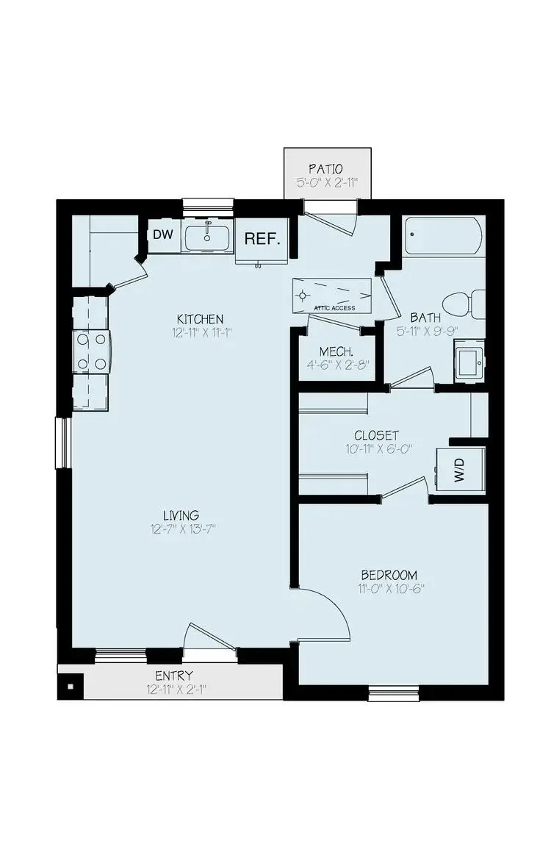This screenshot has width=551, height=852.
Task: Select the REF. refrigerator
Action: (261, 239)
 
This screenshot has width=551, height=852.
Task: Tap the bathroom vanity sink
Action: (469, 361)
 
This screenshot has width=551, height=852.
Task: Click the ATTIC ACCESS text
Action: (334, 308)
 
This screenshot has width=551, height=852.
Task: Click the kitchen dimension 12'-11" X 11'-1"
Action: (200, 333)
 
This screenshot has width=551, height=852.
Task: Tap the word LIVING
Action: (181, 515)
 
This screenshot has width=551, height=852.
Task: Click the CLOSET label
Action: (376, 435)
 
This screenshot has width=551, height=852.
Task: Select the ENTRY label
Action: (173, 676)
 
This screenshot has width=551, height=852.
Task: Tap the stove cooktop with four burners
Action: (90, 351)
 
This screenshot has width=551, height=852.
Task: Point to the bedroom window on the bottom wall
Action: (394, 692)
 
